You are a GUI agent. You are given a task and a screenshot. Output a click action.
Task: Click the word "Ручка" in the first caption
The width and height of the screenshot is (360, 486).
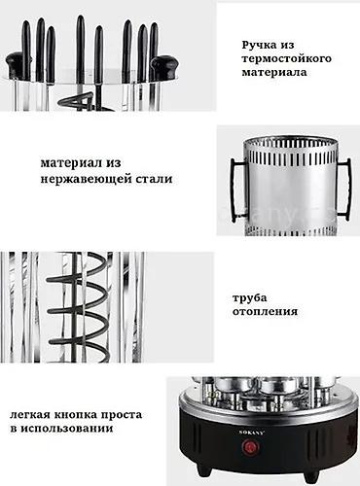[x=257, y=45]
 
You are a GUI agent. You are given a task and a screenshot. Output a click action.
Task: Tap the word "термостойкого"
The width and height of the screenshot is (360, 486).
[x=287, y=58]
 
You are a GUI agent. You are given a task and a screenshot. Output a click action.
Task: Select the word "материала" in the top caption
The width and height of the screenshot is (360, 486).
[x=274, y=72]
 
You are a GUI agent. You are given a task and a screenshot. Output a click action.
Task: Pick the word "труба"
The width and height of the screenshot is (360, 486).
[x=249, y=298]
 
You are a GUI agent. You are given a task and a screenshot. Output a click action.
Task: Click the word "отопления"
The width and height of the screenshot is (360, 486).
[x=265, y=312]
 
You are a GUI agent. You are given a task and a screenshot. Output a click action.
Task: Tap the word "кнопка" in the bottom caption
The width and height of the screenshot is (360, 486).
[x=75, y=415]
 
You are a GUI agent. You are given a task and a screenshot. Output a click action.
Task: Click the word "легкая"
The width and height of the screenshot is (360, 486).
[x=29, y=415]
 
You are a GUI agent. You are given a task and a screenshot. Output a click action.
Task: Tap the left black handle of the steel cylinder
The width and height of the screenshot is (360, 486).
[x=234, y=190]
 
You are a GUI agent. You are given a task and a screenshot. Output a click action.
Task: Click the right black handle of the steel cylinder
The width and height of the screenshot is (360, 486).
[x=347, y=190]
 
